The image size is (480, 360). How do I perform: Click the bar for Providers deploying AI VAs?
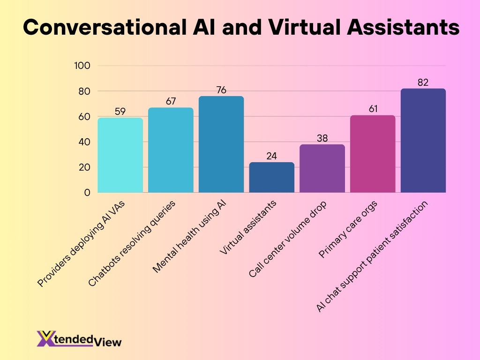[120, 155]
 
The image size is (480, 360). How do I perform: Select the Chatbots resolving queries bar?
[171, 150]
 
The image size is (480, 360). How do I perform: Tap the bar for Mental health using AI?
[221, 144]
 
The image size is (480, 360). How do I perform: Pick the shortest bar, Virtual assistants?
[272, 177]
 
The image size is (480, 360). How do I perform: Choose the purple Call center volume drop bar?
[322, 168]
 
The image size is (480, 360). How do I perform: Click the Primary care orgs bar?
[373, 154]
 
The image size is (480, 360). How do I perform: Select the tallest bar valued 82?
[423, 141]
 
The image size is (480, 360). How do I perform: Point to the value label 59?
[120, 112]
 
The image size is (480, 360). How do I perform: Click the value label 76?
[221, 90]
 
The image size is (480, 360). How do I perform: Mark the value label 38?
[322, 138]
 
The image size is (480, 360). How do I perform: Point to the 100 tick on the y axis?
[82, 66]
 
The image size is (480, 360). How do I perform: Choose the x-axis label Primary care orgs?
[350, 230]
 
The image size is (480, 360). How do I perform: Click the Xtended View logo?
[79, 338]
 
